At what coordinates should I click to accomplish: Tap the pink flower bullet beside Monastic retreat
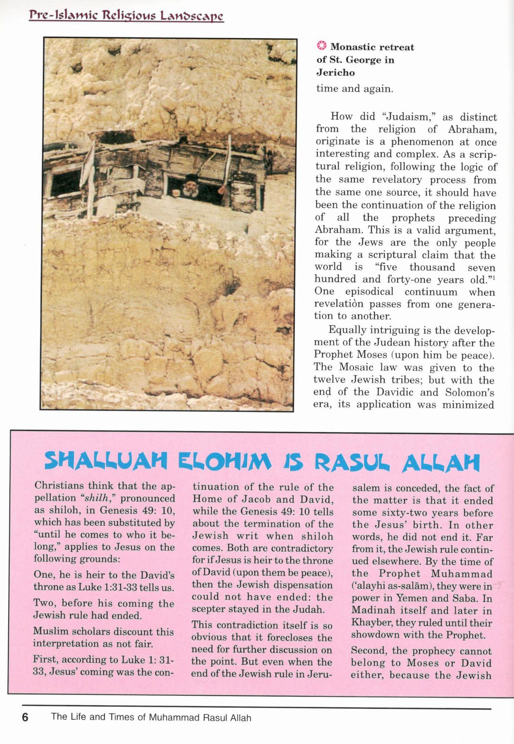pyautogui.click(x=321, y=46)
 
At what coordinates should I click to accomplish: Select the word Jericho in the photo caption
pyautogui.click(x=335, y=72)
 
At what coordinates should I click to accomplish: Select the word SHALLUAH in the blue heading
pyautogui.click(x=106, y=461)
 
